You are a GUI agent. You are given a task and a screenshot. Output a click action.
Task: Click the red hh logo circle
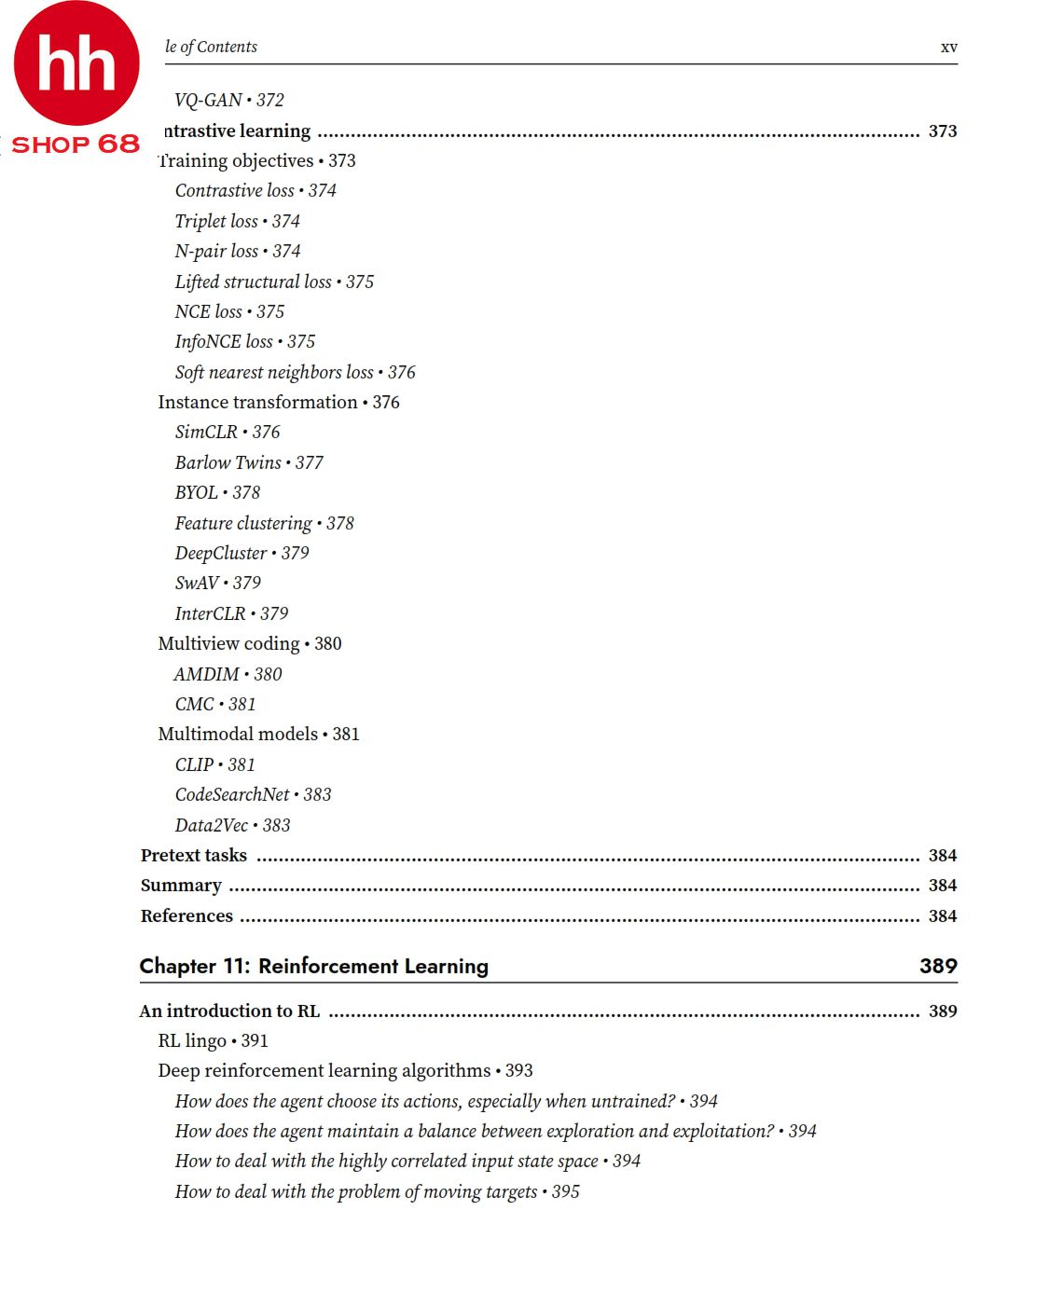[x=76, y=63]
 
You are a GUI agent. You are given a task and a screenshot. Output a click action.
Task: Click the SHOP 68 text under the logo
[x=75, y=144]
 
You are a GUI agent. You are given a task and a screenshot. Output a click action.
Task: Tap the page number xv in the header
[x=948, y=47]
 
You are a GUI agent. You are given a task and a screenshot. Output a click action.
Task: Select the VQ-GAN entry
[x=228, y=100]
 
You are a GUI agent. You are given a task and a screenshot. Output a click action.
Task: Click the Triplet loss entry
[x=237, y=221]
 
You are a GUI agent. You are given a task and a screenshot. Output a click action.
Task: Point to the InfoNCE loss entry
[x=244, y=341]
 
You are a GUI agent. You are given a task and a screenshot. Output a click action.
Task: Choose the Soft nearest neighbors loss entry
[x=295, y=372]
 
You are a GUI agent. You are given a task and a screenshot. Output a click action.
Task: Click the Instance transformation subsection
[x=278, y=402]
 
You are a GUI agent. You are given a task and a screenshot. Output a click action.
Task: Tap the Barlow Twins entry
[x=249, y=462]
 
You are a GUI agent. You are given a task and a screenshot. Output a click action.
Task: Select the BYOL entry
[x=217, y=492]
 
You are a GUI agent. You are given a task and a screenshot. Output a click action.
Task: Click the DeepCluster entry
[x=242, y=553]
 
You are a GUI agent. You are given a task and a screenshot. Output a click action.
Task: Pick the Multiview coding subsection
[x=249, y=643]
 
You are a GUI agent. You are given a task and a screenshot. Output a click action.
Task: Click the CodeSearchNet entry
[x=253, y=794]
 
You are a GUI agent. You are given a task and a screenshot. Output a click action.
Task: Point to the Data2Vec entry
[x=232, y=825]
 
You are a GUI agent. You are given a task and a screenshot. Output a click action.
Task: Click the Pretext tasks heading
[x=194, y=855]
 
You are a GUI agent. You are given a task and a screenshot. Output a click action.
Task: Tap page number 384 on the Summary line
[x=942, y=885]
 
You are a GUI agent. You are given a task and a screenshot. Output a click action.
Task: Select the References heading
[x=186, y=915]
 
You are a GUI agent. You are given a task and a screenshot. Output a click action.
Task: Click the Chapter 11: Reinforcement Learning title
[x=313, y=966]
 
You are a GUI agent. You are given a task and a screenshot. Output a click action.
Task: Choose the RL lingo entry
[x=213, y=1040]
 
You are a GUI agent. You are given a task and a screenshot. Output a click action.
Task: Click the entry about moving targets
[x=377, y=1191]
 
